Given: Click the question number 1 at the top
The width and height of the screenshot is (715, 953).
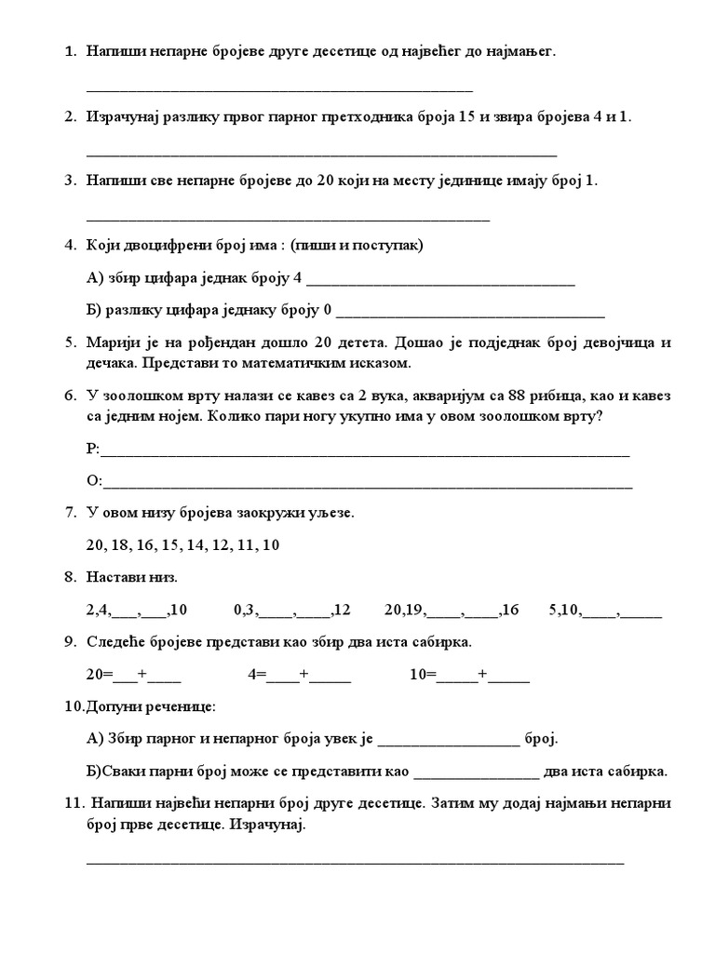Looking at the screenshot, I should pos(70,52).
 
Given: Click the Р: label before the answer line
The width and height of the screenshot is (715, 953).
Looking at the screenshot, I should pos(92,450).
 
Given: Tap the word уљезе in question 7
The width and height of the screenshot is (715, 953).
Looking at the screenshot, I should pos(331,513).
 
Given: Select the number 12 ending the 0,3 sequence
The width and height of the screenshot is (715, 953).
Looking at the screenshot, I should pos(341,611).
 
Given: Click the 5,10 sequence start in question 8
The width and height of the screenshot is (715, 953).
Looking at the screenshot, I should pos(565,611).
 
